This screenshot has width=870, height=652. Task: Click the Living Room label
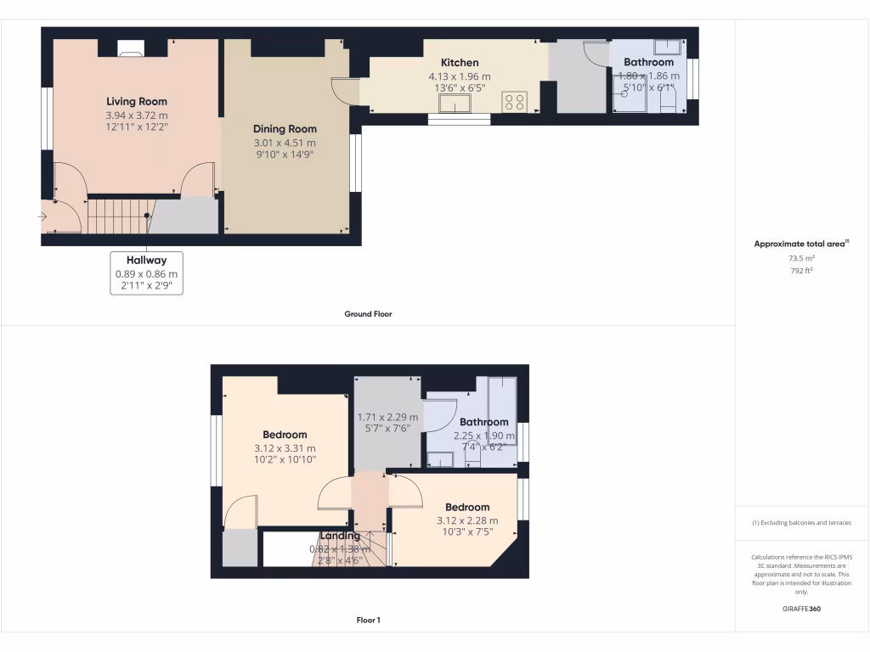tap(136, 101)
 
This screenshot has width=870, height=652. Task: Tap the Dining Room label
tap(284, 129)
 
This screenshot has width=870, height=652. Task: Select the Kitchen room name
tap(459, 62)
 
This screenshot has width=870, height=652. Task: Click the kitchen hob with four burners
tap(514, 102)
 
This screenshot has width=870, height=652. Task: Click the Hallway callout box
tap(146, 273)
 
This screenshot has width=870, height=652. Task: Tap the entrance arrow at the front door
tap(43, 217)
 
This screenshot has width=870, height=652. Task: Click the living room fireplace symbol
tap(130, 53)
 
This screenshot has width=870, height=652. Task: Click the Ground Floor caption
tap(368, 314)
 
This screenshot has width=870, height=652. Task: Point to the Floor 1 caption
tap(368, 621)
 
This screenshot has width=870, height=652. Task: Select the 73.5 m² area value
tap(801, 258)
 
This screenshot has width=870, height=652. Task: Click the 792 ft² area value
tap(801, 271)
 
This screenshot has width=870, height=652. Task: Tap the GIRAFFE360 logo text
tap(801, 609)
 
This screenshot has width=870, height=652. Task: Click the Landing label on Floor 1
tap(340, 536)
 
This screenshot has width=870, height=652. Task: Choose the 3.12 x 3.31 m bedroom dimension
tap(285, 448)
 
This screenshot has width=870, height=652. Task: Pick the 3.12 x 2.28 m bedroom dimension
tap(467, 520)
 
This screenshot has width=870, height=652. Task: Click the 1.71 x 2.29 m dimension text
tap(387, 417)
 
